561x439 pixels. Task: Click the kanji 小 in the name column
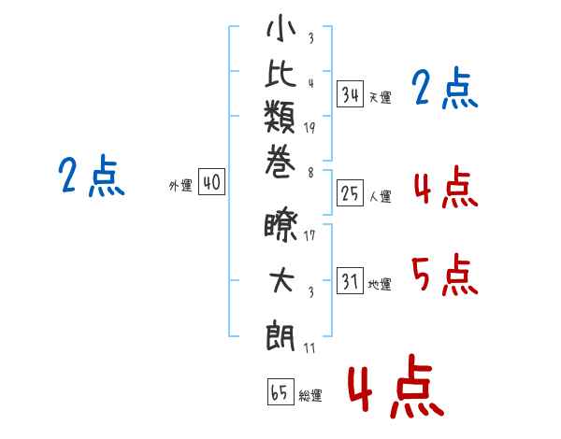[280, 28]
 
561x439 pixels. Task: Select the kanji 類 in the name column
[280, 117]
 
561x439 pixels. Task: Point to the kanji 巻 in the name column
[280, 162]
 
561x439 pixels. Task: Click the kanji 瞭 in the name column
[280, 227]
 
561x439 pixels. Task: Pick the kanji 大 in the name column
[282, 280]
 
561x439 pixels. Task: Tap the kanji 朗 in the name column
[280, 335]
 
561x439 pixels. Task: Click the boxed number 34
[350, 94]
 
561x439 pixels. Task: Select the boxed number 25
[350, 193]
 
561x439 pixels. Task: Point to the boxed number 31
[350, 280]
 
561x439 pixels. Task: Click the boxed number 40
[211, 181]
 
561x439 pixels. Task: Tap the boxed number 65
[280, 391]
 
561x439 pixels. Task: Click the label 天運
[381, 97]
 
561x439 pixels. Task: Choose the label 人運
[381, 196]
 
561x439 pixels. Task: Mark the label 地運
[380, 284]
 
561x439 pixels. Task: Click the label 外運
[180, 186]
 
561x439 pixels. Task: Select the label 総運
[310, 396]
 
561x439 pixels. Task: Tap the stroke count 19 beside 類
[309, 128]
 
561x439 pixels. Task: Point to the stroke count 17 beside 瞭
[309, 235]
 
